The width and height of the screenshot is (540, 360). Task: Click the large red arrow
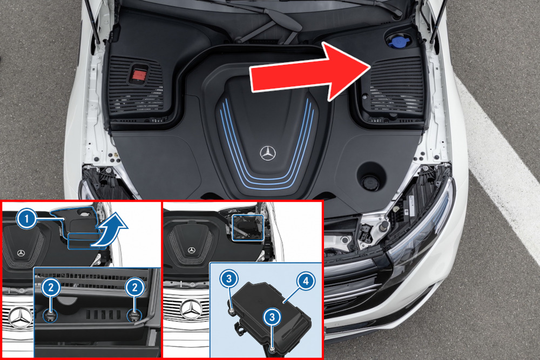pyautogui.click(x=310, y=72)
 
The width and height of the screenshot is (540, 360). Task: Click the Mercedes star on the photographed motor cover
pyautogui.click(x=268, y=153)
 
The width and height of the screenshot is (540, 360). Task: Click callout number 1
pyautogui.click(x=26, y=218)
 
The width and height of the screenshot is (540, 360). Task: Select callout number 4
pyautogui.click(x=306, y=281)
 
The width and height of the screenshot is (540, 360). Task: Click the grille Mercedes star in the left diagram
pyautogui.click(x=21, y=317)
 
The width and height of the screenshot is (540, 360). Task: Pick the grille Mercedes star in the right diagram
pyautogui.click(x=192, y=309)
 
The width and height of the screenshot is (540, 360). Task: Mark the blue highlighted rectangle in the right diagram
pyautogui.click(x=248, y=227)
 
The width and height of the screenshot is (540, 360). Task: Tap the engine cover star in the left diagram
pyautogui.click(x=21, y=253)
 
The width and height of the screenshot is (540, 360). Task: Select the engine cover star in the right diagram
pyautogui.click(x=192, y=250)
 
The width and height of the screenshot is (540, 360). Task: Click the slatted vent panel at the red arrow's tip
pyautogui.click(x=396, y=86)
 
